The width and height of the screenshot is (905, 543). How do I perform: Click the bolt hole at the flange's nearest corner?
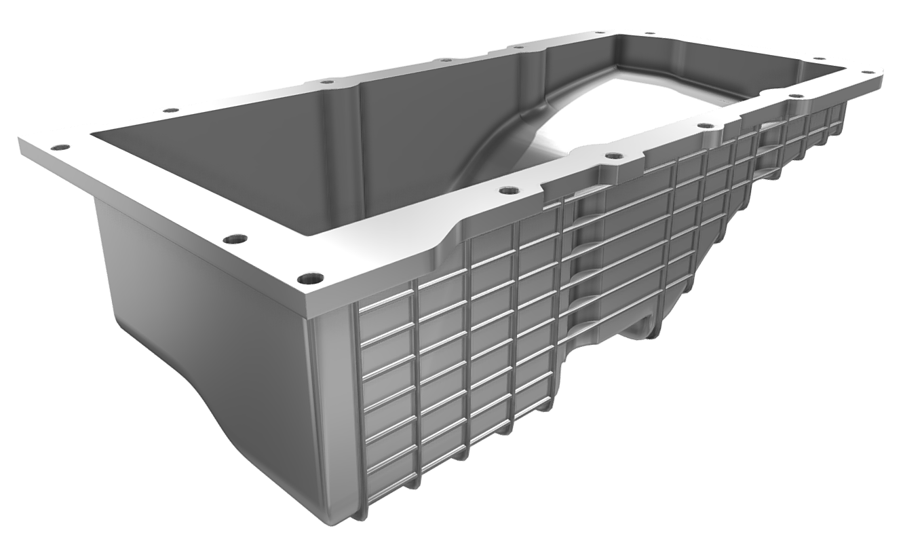tap(311, 278)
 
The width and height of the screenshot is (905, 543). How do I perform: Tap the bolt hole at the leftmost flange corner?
tap(62, 147)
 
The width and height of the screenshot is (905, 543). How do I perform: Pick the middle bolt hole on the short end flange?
tap(234, 239)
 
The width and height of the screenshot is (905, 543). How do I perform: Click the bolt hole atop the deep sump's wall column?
tap(326, 82)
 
